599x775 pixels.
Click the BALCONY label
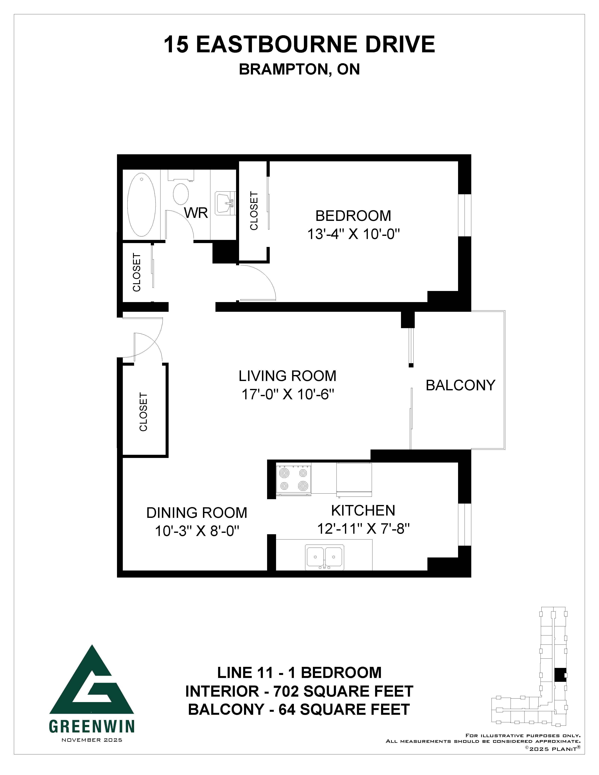tap(460, 385)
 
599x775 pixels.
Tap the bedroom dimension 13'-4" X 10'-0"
tap(353, 234)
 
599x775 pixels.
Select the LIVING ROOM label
tap(288, 376)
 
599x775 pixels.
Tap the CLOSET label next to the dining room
tap(143, 412)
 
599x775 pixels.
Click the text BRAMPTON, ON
tap(299, 70)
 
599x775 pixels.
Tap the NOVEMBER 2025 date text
tap(92, 740)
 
